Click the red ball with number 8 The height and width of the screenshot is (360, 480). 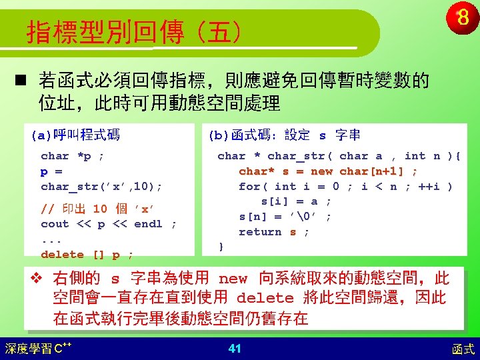(463, 18)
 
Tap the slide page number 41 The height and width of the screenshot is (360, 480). (235, 349)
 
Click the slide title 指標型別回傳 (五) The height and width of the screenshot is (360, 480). (134, 32)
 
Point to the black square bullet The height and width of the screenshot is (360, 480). (21, 80)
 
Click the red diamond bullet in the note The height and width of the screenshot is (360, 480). (37, 278)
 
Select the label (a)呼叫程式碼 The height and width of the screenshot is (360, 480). (75, 135)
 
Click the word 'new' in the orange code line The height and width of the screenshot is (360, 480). (321, 171)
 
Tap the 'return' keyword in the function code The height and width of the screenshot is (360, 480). (260, 232)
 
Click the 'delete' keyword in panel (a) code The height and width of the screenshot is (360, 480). (62, 255)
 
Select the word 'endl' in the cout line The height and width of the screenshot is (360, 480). (148, 224)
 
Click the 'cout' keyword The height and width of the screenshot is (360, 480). (55, 224)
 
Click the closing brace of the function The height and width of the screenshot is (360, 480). (221, 247)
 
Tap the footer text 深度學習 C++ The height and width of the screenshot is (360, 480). (38, 349)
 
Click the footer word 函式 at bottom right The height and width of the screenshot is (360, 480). (463, 349)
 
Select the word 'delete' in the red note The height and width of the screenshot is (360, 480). (265, 298)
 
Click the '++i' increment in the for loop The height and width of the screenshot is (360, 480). (429, 187)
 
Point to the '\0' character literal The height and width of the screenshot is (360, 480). (303, 217)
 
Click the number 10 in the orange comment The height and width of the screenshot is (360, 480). (100, 209)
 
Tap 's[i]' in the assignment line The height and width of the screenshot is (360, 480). (274, 202)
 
